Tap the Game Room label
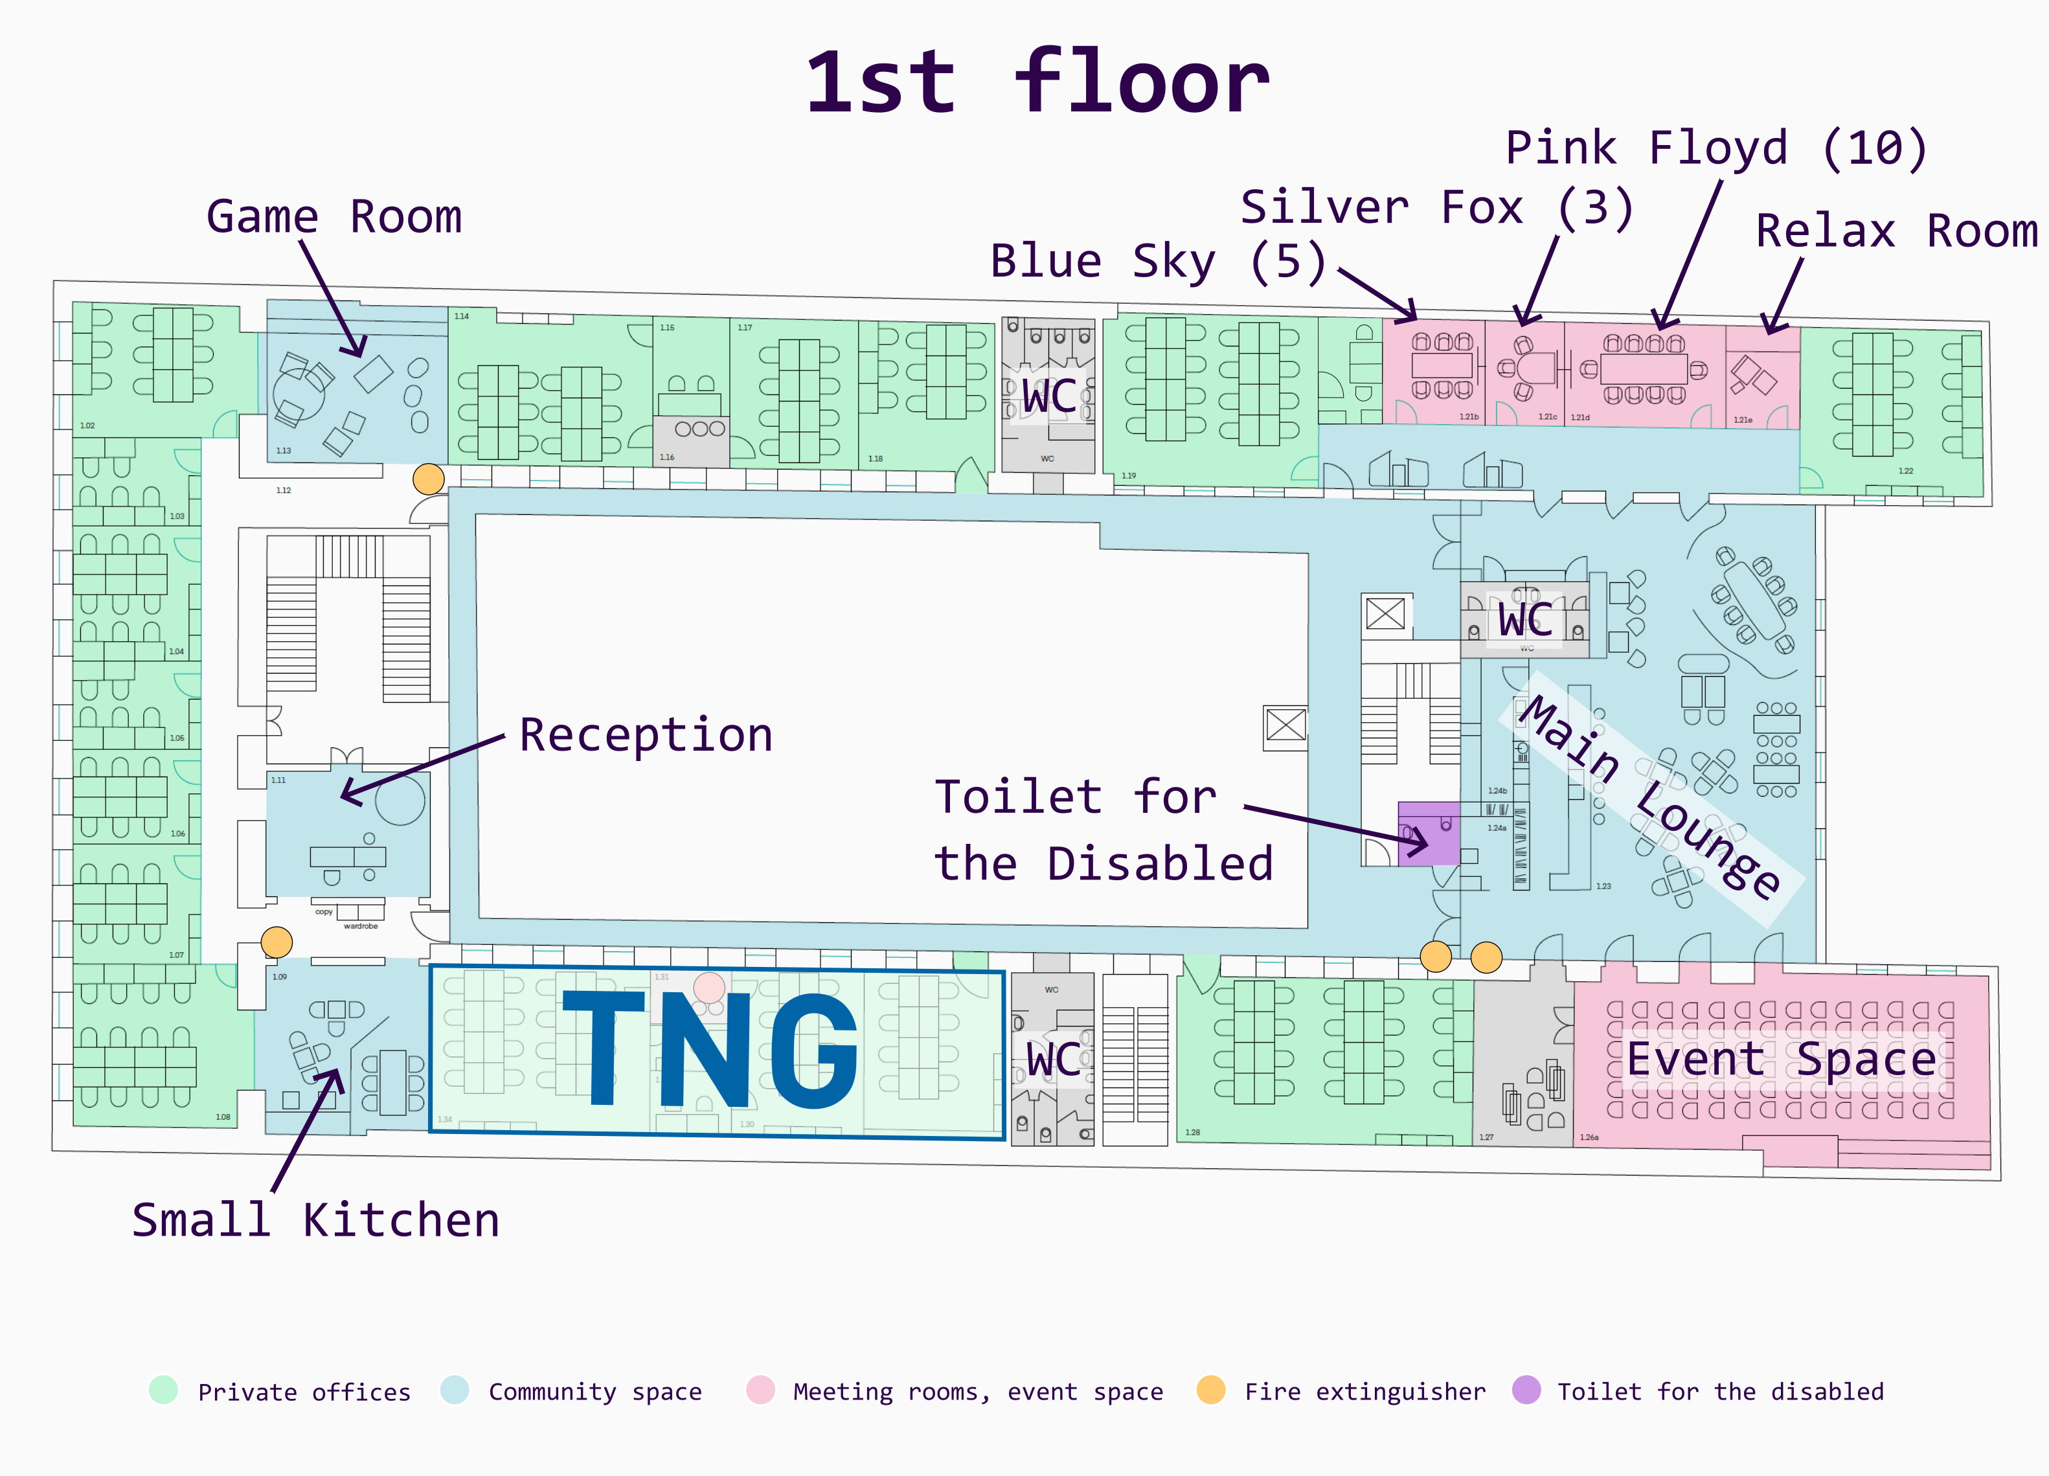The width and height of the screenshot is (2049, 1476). coord(334,217)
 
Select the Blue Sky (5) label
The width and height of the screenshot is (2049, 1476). coord(1157,261)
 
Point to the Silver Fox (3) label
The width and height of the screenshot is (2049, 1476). coord(1436,208)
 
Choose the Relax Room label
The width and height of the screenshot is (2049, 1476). coord(1896,231)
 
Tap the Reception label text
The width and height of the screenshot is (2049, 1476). coord(646,735)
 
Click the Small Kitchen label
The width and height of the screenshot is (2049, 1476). coord(315,1220)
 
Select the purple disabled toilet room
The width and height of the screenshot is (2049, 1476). coord(1427,834)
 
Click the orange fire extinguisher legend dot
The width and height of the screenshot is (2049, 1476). coord(1210,1390)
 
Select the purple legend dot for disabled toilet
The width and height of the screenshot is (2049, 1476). coord(1526,1390)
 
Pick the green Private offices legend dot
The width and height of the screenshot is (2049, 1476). coord(164,1390)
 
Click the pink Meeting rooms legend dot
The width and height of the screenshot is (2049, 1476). coord(761,1390)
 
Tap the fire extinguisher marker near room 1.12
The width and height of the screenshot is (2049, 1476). coord(428,479)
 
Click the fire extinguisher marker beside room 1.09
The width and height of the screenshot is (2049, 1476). coord(277,942)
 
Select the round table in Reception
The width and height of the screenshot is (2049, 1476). coord(400,799)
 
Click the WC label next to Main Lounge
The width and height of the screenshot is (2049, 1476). coord(1525,620)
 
